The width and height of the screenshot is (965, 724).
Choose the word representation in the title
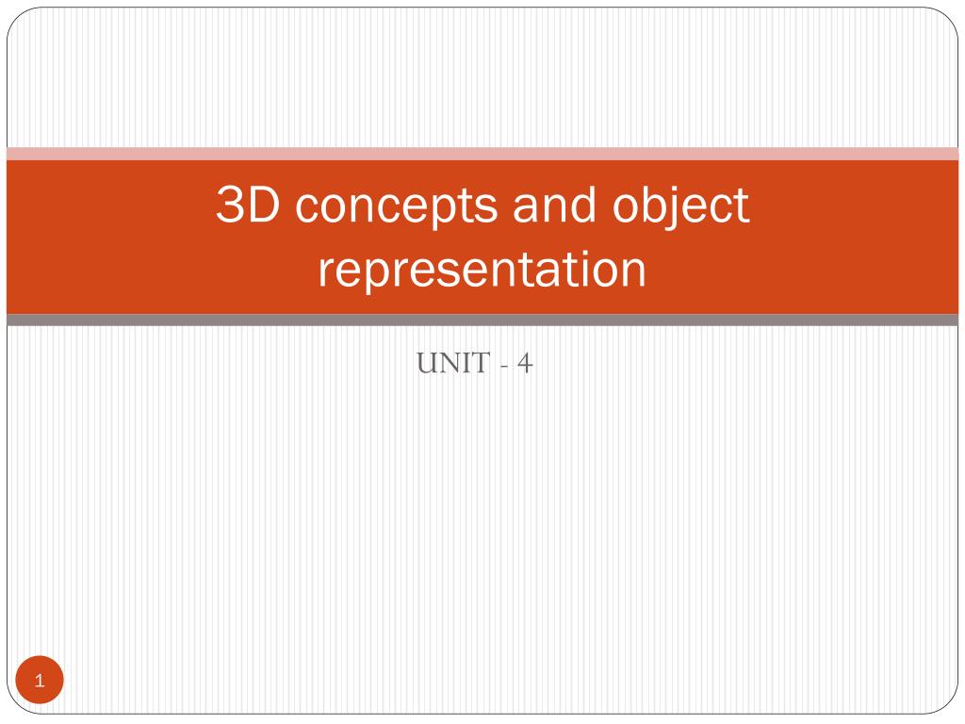tap(482, 270)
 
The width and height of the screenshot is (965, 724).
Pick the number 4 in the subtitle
tap(524, 363)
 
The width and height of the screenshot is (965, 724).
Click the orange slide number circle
tap(40, 681)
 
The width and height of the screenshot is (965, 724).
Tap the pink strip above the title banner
tap(482, 154)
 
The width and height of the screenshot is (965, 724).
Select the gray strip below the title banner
tap(482, 321)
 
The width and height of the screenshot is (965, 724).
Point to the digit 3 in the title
tap(227, 206)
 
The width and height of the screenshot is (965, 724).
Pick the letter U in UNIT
tap(425, 363)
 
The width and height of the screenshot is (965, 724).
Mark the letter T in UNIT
tap(479, 363)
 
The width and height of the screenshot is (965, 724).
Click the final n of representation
tap(635, 271)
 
